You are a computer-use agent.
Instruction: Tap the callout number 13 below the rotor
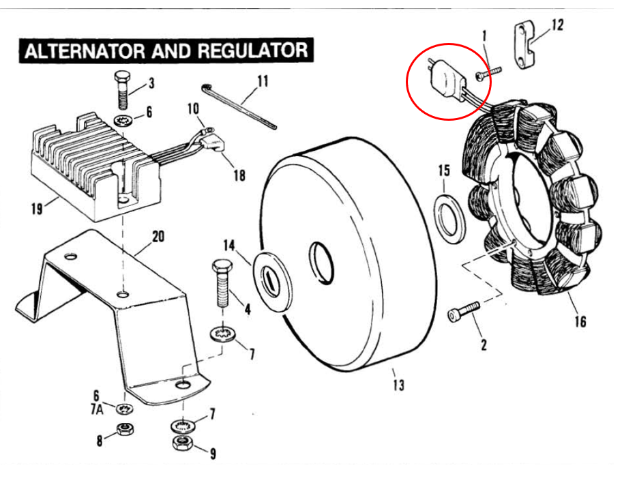tap(398, 385)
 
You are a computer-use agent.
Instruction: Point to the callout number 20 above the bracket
tap(158, 237)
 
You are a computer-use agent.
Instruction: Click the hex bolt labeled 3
tap(122, 90)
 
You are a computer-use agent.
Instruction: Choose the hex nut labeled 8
tap(124, 430)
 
